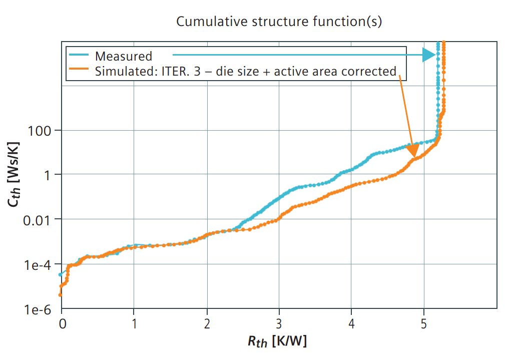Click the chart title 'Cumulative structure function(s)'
[279, 22]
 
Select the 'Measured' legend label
[123, 56]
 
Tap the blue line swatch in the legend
[79, 55]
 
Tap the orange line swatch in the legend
[79, 71]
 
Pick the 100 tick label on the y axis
[39, 131]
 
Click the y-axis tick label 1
[44, 175]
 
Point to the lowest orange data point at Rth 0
[61, 295]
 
